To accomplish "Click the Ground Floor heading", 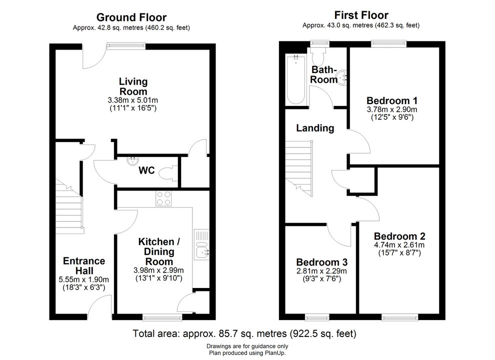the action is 131,17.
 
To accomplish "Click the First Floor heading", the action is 361,15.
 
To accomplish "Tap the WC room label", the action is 147,170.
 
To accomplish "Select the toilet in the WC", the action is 166,173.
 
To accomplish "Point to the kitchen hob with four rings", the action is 163,198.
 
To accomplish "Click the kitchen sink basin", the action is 201,252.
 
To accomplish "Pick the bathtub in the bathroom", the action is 296,79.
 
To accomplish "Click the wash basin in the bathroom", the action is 342,77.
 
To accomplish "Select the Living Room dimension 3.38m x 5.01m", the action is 133,100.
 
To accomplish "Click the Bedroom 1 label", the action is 392,100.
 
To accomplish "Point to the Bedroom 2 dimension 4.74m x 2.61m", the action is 399,245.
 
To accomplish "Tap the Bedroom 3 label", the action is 321,262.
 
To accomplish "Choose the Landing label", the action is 315,128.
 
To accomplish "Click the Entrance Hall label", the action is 84,265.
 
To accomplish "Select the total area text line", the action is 244,333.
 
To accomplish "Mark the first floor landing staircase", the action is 299,168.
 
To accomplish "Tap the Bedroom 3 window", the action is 317,317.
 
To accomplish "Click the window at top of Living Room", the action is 126,46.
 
